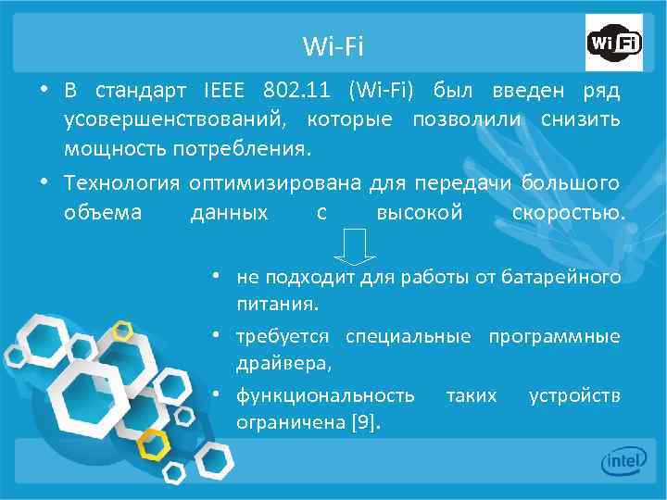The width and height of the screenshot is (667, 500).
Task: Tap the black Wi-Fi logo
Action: coord(613,44)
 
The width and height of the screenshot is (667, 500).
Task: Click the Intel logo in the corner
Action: coord(623,461)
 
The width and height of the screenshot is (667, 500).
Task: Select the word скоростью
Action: coord(568,213)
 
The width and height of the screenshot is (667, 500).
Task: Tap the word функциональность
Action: coord(325,396)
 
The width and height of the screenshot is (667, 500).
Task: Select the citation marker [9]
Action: coord(365,423)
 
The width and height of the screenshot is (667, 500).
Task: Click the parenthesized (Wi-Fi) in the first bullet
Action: coord(383,93)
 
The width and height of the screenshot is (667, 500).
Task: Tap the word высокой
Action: coord(419,213)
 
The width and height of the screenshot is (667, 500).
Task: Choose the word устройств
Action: coord(574,396)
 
